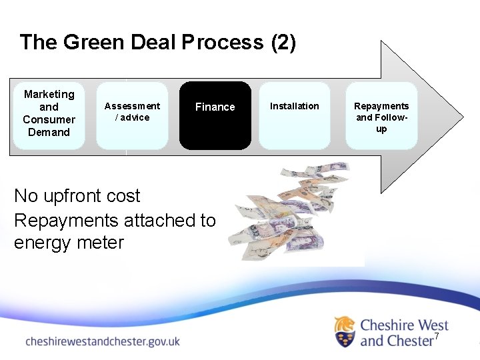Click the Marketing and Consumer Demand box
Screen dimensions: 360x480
click(49, 115)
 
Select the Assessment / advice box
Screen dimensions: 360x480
click(132, 115)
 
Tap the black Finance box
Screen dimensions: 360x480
click(215, 115)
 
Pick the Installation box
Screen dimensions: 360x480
click(294, 115)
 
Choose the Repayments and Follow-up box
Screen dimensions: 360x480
click(381, 115)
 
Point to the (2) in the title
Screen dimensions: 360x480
click(283, 43)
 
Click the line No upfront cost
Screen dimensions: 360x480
click(77, 196)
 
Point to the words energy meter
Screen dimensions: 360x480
click(69, 243)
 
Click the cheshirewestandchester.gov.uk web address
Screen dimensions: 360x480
click(103, 341)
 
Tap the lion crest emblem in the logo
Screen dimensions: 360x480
click(345, 332)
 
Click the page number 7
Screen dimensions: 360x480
click(437, 337)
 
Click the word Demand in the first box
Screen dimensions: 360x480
click(49, 132)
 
